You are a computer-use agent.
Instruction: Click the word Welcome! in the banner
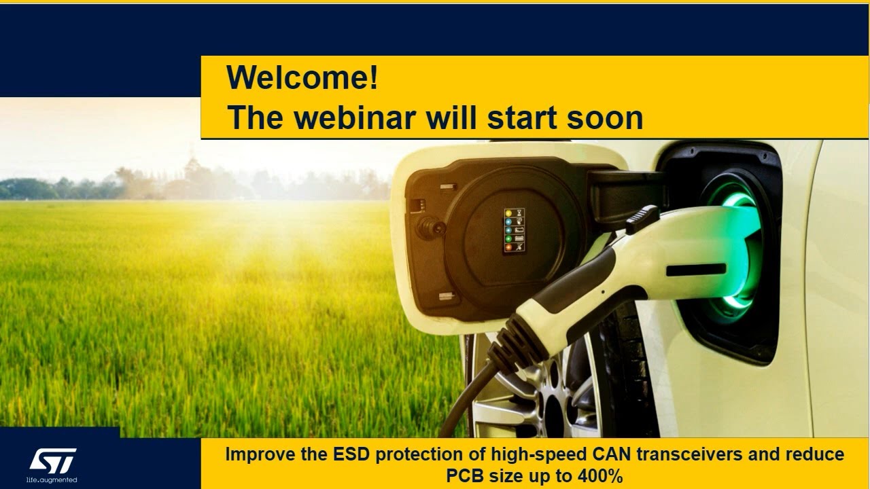click(x=302, y=77)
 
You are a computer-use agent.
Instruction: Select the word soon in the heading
click(x=605, y=118)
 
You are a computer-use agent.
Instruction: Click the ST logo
click(x=53, y=460)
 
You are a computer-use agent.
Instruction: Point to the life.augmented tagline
click(x=52, y=480)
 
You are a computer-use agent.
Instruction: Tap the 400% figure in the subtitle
click(x=600, y=476)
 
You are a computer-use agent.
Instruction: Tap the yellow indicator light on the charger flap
click(x=508, y=213)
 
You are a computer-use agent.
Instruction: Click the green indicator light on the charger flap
click(x=508, y=238)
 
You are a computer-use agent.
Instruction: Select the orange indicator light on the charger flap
click(x=508, y=247)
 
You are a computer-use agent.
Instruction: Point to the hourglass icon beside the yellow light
click(x=519, y=213)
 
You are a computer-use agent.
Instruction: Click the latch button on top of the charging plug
click(x=642, y=219)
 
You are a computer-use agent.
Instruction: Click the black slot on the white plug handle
click(x=696, y=270)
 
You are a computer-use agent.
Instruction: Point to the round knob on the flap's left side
click(x=430, y=226)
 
